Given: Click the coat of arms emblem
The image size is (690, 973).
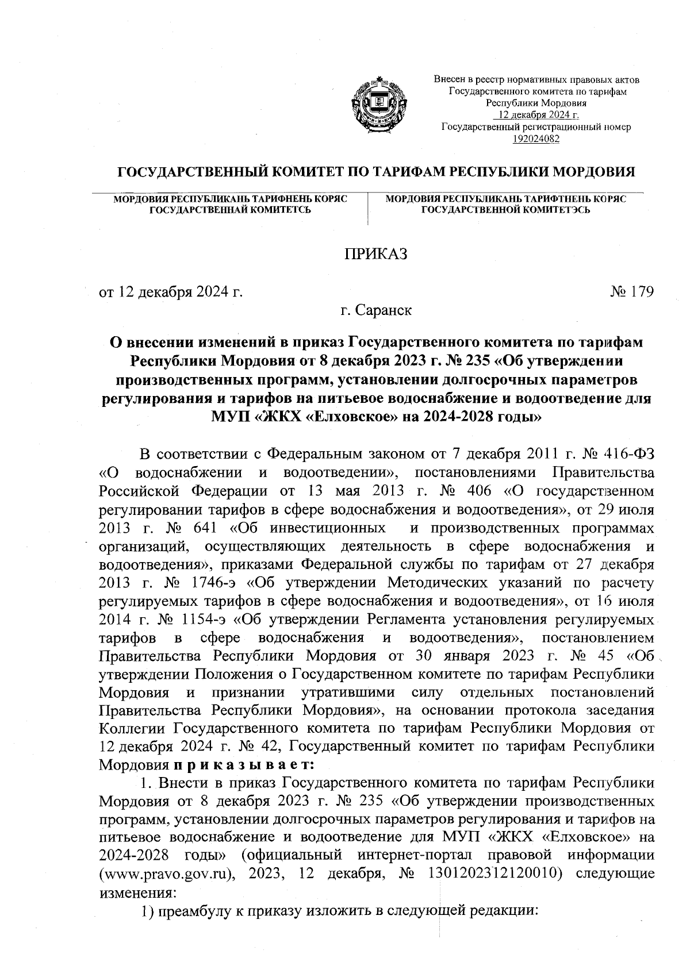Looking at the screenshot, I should pyautogui.click(x=375, y=107).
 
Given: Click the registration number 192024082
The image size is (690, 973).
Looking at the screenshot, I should pyautogui.click(x=536, y=138).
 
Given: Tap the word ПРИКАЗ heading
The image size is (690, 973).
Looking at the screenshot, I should pyautogui.click(x=375, y=254).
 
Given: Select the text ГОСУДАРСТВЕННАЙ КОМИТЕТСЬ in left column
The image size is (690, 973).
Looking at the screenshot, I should pyautogui.click(x=231, y=210).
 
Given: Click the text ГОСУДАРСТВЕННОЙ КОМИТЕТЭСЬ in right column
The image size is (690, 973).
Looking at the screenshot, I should pyautogui.click(x=506, y=210).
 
